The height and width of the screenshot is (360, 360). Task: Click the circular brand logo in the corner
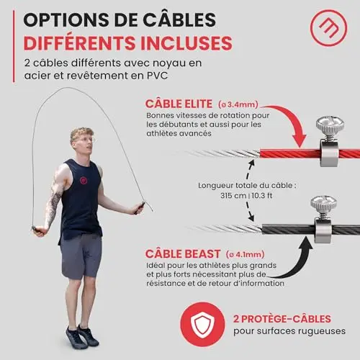[328, 28]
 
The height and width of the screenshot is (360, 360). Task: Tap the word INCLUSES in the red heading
[186, 43]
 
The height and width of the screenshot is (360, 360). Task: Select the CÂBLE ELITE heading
[179, 104]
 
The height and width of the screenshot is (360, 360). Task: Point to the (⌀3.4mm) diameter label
[238, 104]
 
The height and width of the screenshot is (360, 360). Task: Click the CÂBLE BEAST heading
[183, 254]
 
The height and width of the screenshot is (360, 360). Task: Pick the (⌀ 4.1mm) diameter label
[245, 254]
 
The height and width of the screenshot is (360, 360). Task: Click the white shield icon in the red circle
[203, 325]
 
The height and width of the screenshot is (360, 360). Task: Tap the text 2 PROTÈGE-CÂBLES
[282, 319]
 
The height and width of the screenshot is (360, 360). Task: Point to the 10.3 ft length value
[262, 196]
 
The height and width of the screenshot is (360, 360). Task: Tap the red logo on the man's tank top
[84, 180]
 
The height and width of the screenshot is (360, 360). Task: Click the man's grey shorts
[81, 256]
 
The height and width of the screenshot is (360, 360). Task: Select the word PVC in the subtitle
[157, 76]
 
